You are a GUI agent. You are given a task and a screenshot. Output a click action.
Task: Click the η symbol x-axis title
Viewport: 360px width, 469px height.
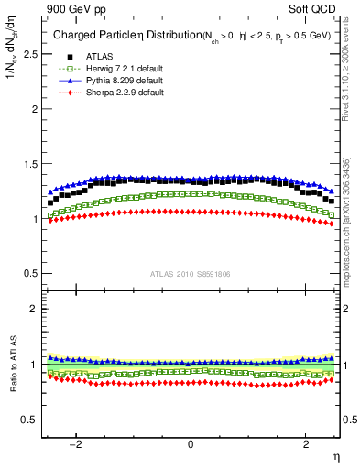click(336, 457)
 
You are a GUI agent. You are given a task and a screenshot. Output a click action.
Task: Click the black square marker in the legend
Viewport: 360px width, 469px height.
click(63, 56)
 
